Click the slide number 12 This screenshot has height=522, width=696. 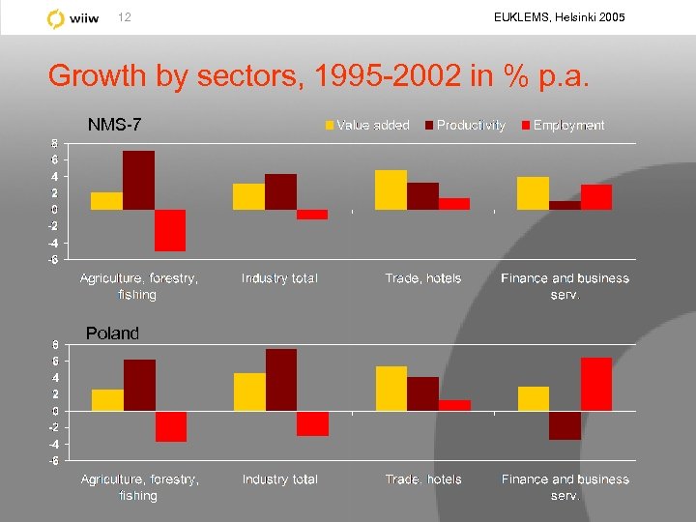click(124, 17)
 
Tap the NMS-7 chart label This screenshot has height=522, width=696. click(114, 125)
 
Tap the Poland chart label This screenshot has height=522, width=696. click(112, 333)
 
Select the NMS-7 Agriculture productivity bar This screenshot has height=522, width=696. click(138, 181)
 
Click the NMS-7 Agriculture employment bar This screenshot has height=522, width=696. click(170, 230)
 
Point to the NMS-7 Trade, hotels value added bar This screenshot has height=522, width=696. click(391, 189)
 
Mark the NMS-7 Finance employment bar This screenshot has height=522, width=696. click(596, 197)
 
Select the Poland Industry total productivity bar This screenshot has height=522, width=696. click(281, 380)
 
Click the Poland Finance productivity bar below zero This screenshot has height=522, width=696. click(565, 425)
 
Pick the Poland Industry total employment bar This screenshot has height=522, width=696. click(312, 423)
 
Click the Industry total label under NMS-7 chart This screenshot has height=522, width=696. click(279, 278)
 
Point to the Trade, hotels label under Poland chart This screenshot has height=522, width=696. click(423, 479)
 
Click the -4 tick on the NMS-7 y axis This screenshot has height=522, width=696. click(53, 243)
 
